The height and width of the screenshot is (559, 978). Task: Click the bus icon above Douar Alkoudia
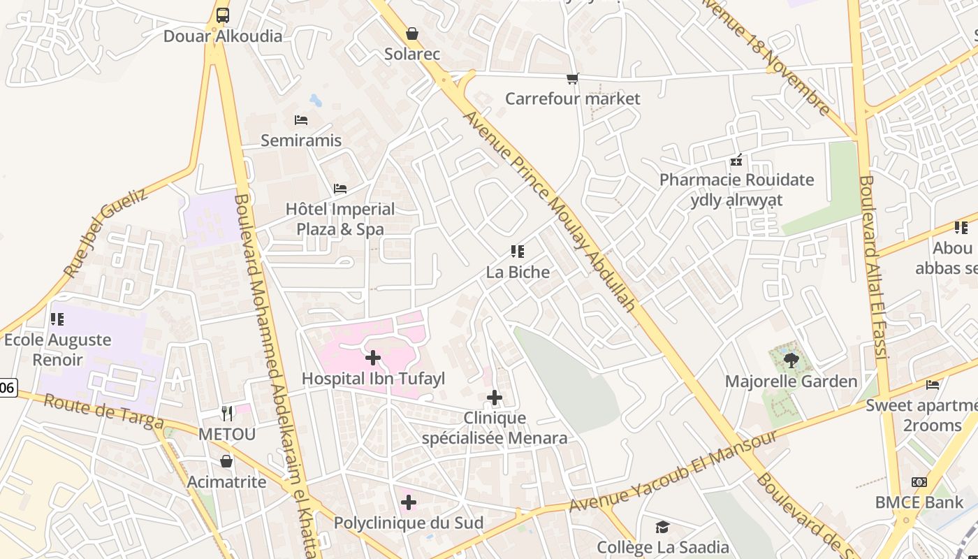[222, 15]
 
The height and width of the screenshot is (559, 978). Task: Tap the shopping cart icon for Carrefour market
[573, 78]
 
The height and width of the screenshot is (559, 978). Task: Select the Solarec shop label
[412, 54]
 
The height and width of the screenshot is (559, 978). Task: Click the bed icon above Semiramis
[301, 120]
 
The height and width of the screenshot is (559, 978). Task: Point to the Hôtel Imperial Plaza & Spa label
[340, 219]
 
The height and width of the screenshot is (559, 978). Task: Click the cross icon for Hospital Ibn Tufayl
[373, 358]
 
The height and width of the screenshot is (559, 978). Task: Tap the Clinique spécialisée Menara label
[495, 428]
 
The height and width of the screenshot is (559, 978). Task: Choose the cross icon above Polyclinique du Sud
[409, 502]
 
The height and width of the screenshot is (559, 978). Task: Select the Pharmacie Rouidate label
[737, 180]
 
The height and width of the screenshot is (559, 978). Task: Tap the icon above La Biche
[518, 252]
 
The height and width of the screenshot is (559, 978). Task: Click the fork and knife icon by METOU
[227, 414]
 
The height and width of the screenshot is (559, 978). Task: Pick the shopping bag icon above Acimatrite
[226, 461]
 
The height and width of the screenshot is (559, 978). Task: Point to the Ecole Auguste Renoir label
[57, 349]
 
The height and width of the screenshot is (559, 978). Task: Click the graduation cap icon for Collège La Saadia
[662, 527]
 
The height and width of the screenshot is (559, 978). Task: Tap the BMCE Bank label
[919, 502]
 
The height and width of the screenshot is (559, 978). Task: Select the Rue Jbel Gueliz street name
[105, 232]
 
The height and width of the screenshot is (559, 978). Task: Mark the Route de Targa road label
[103, 412]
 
